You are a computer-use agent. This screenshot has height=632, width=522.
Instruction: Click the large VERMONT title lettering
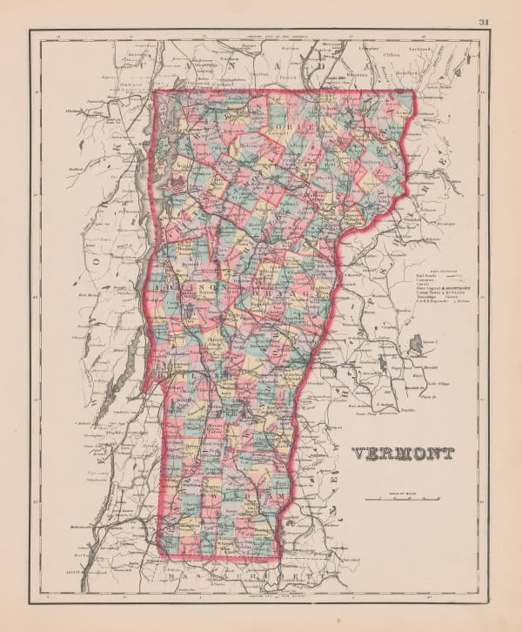[x=403, y=454]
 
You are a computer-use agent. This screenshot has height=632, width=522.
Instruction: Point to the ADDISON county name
[x=189, y=286]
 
